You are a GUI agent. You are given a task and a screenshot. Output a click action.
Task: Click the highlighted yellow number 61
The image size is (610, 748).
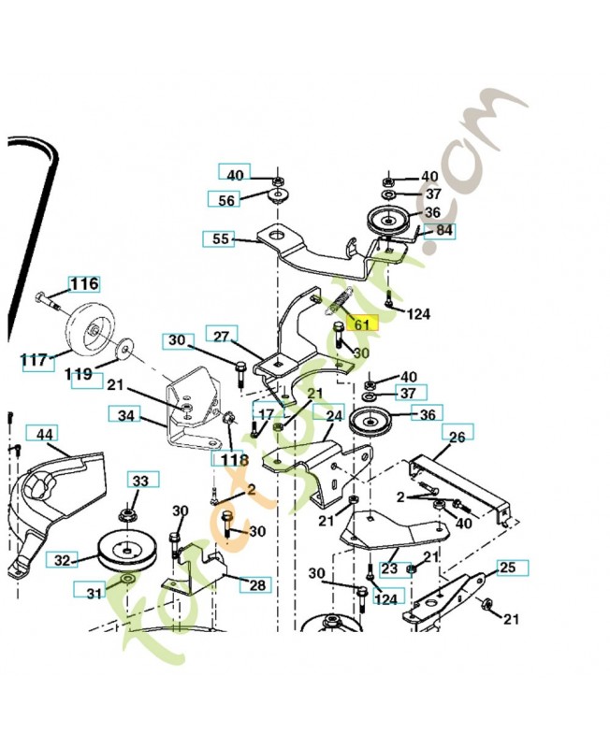361,324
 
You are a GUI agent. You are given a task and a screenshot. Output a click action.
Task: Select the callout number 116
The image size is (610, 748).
84,283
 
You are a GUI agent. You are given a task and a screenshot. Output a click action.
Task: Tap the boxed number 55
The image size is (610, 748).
220,239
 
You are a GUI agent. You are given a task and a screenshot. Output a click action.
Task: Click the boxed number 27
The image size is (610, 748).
221,337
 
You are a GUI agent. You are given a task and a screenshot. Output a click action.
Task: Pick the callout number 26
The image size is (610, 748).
457,435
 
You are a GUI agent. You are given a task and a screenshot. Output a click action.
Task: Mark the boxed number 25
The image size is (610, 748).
506,568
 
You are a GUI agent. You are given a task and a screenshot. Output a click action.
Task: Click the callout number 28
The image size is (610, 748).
256,585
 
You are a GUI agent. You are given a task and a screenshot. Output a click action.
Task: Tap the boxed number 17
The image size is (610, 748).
266,414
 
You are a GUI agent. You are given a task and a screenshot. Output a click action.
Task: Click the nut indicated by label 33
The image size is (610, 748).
125,515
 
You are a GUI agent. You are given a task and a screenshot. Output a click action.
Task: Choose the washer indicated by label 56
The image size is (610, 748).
277,198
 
